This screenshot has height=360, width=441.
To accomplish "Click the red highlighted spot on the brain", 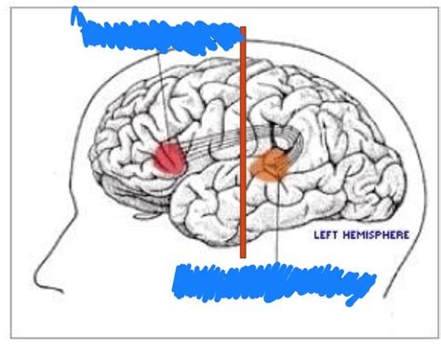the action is pos(169,157).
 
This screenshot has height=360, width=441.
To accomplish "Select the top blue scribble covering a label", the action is pos(158,34).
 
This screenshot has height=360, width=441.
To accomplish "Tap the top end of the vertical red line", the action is pos(243,29).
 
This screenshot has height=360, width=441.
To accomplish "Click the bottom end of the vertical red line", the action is pos(243,255).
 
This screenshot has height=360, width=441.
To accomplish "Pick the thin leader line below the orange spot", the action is pos(277,223).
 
